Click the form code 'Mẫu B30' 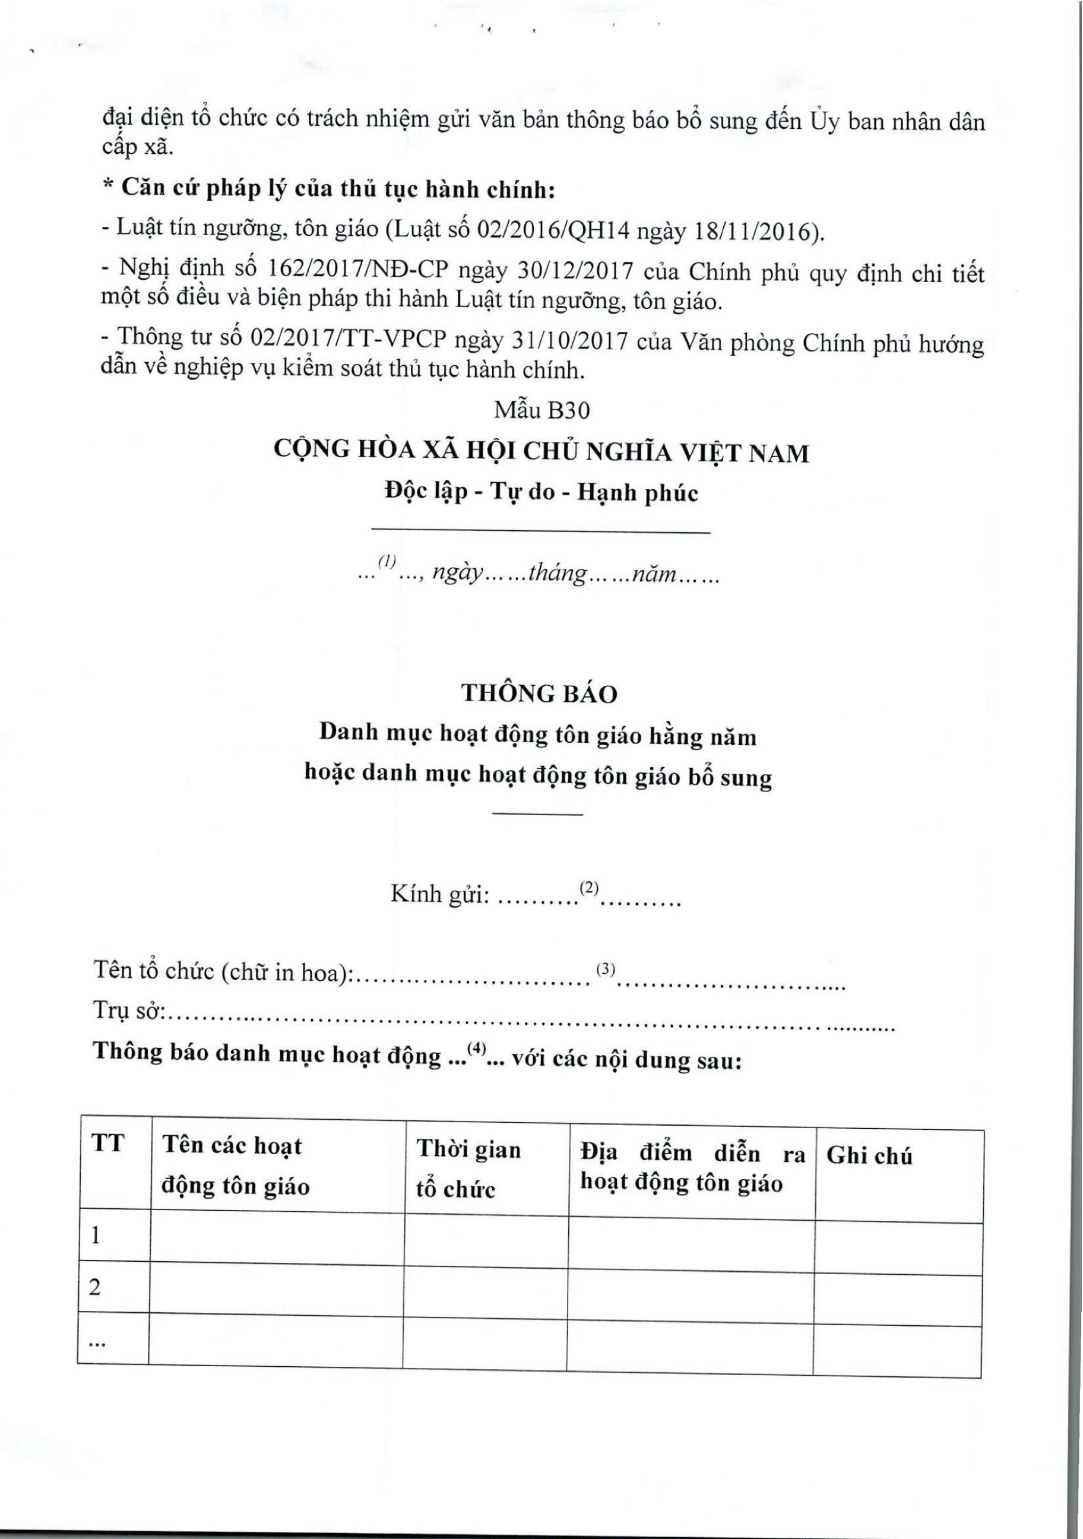pos(541,410)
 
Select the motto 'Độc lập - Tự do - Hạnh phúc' pos(541,493)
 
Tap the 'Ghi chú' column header pos(869,1155)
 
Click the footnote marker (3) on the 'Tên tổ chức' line pos(605,968)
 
